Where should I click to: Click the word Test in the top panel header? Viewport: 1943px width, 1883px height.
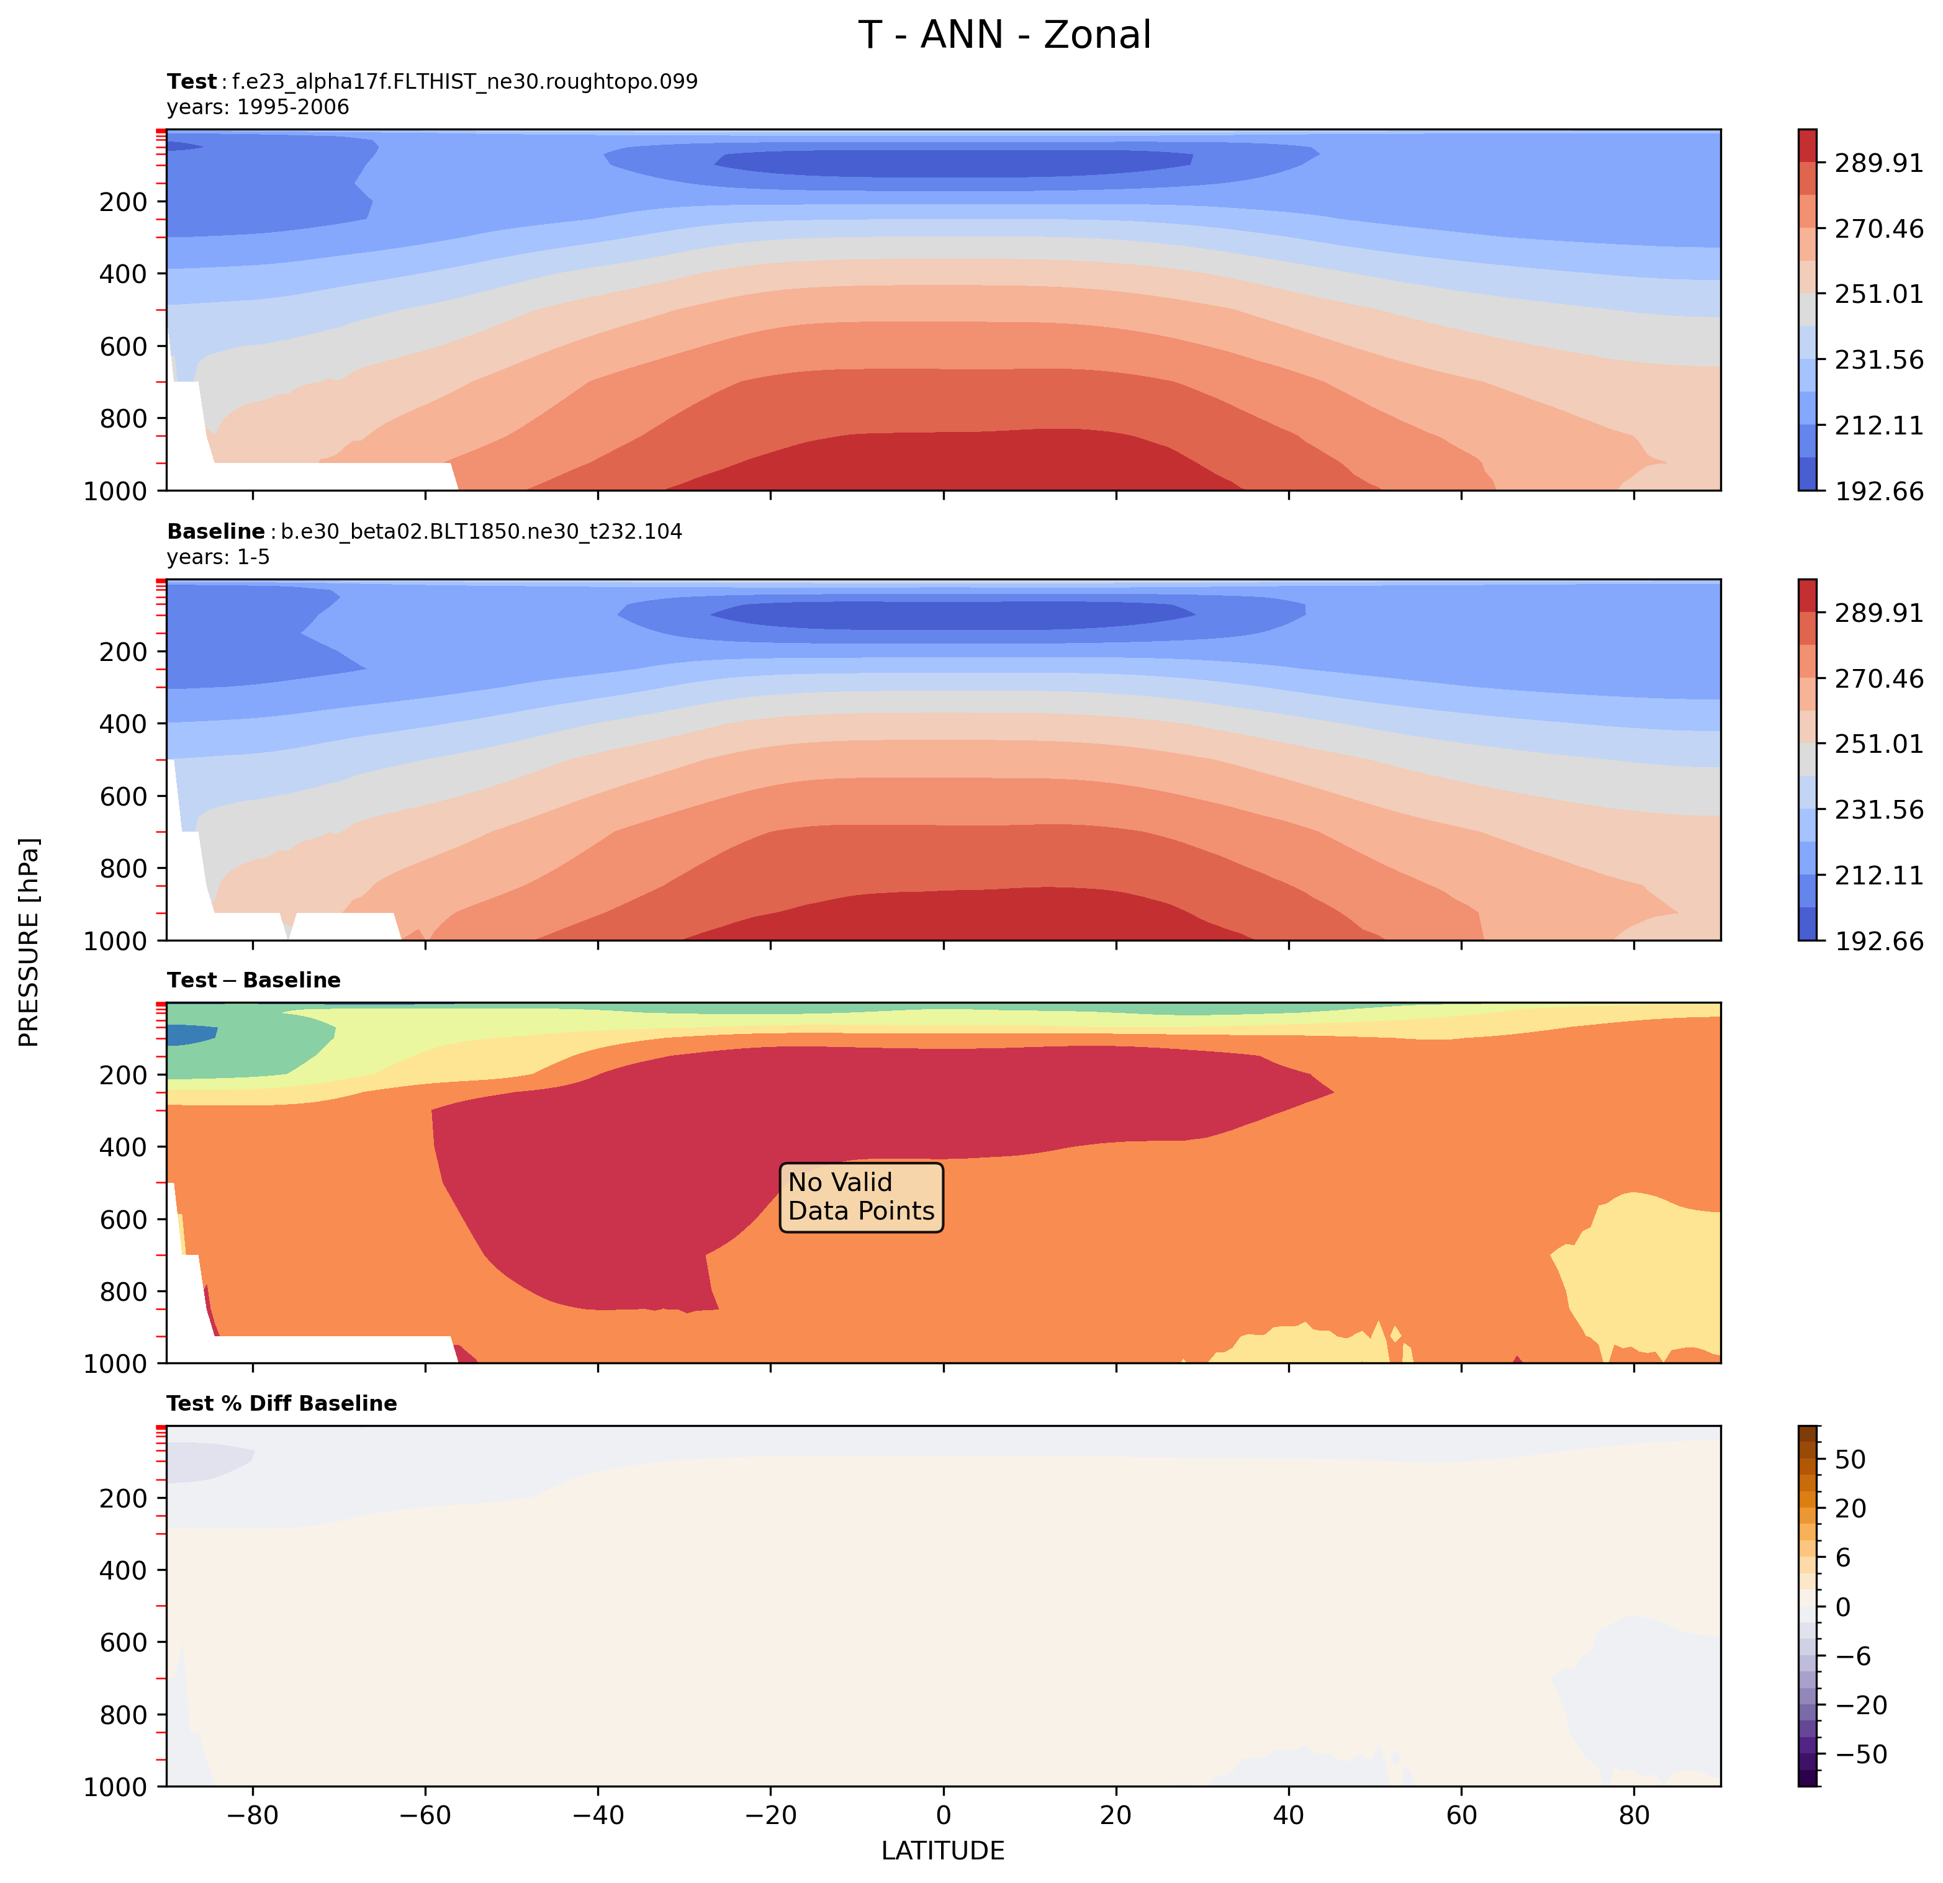point(191,81)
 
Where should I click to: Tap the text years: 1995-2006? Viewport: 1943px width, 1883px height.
point(258,107)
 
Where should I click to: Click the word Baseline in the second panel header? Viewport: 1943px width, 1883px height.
point(215,533)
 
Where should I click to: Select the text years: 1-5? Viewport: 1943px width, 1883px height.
point(218,557)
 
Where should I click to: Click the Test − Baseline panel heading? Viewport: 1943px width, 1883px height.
point(254,980)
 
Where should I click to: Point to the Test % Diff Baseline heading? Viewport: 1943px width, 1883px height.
point(282,1403)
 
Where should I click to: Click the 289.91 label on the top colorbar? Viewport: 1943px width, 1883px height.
point(1878,163)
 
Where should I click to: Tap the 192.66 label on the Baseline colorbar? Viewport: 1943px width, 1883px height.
point(1878,940)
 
